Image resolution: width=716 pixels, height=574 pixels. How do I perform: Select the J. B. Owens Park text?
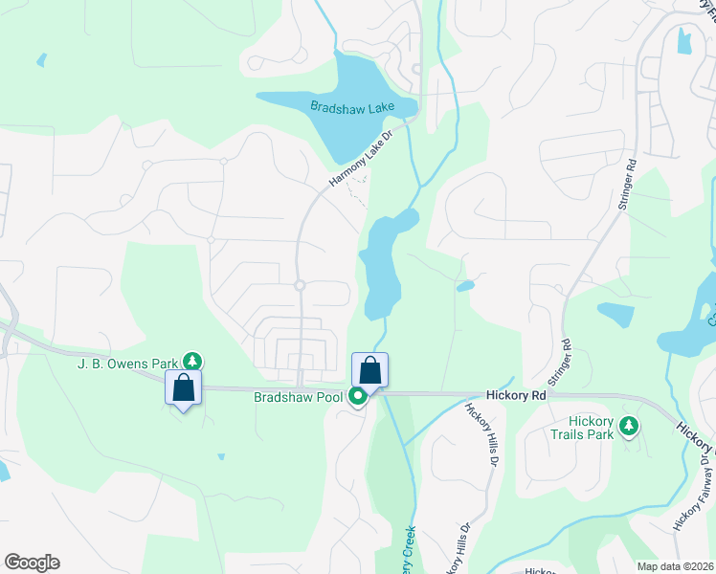(x=129, y=363)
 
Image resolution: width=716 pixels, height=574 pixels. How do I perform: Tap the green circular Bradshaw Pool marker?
(x=358, y=396)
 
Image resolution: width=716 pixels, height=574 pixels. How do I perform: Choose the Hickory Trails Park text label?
(x=577, y=427)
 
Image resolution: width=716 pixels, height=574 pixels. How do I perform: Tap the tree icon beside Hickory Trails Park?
(x=629, y=425)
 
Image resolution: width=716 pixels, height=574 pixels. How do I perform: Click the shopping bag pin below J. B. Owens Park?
(x=183, y=387)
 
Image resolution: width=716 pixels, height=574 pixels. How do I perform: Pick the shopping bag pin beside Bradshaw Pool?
(x=369, y=370)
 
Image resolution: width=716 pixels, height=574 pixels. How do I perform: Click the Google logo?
(x=32, y=563)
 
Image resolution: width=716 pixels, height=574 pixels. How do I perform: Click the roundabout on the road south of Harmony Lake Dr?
(x=300, y=285)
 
